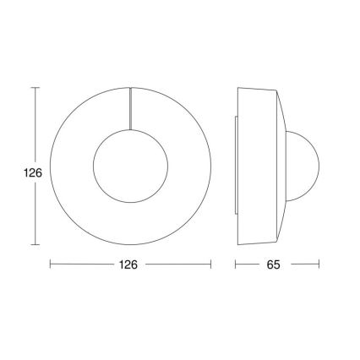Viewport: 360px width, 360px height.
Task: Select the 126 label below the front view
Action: [x=129, y=265]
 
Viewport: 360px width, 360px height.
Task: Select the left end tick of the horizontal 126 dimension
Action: [x=51, y=265]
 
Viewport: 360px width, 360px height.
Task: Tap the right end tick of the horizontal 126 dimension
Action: [x=210, y=265]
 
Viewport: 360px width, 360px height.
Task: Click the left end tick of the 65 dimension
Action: [x=236, y=265]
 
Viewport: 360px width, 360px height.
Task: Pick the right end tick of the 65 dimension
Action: [x=319, y=265]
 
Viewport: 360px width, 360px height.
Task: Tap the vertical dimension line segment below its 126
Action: [x=35, y=211]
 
